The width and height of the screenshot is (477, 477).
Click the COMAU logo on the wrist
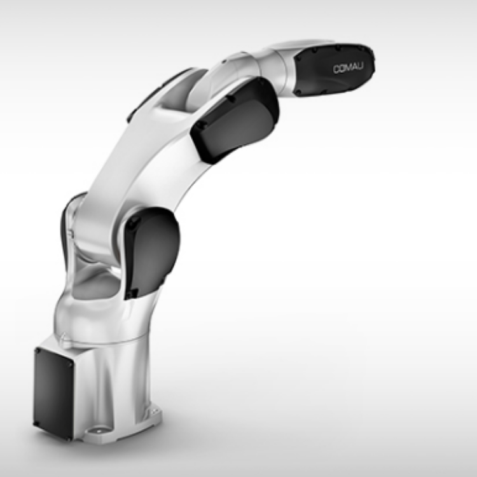pos(348,69)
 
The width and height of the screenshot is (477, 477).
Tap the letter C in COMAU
pos(336,70)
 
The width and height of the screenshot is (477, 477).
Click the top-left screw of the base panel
pos(38,351)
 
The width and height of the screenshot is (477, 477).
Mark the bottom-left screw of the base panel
pos(36,423)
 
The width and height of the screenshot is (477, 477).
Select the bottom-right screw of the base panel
pos(69,438)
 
